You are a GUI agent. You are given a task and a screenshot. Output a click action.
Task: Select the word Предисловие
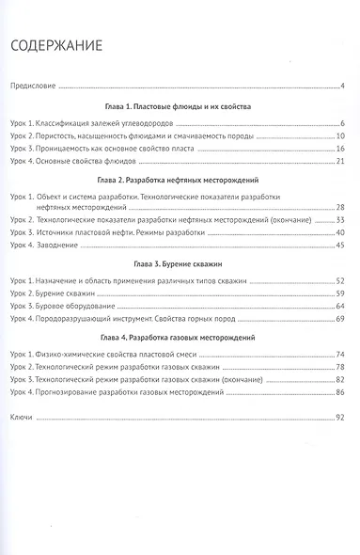[33, 87]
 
